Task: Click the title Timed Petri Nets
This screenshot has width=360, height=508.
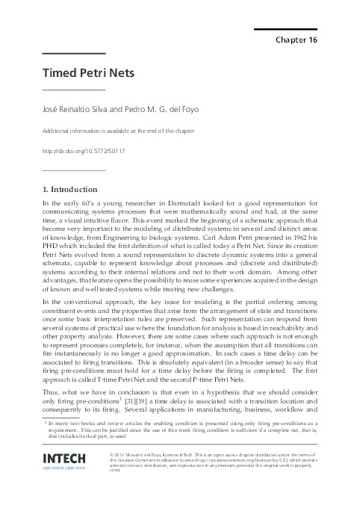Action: click(82, 74)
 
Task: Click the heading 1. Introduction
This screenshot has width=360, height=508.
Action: click(70, 189)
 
